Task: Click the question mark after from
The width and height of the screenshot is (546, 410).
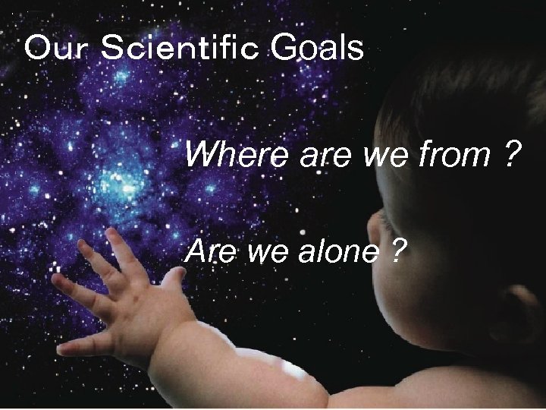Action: pyautogui.click(x=510, y=156)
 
